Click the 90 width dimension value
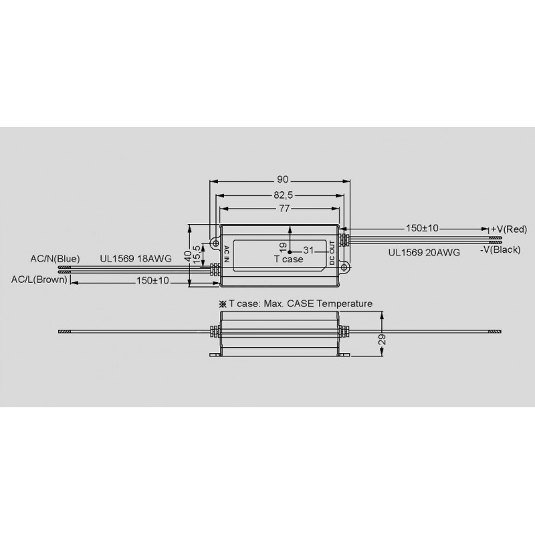[x=282, y=179]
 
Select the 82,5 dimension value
[x=283, y=195]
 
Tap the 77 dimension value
[x=284, y=208]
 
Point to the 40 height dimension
[x=188, y=255]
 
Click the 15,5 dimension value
[x=197, y=255]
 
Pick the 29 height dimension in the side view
[x=382, y=339]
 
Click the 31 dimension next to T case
[x=308, y=250]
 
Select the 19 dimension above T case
[x=283, y=247]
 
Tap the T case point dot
[x=290, y=252]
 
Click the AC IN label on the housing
[x=226, y=254]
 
